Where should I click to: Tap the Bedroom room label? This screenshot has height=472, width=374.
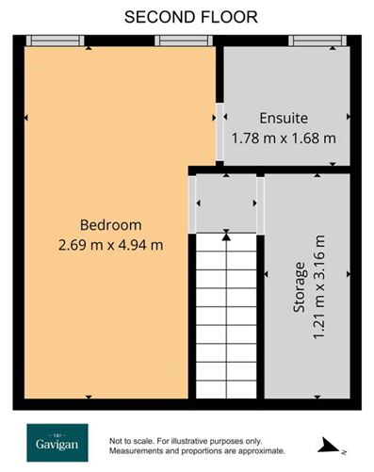click(x=110, y=225)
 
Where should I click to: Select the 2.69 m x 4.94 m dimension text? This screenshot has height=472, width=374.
click(x=110, y=245)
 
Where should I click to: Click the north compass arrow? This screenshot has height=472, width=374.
click(x=331, y=443)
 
